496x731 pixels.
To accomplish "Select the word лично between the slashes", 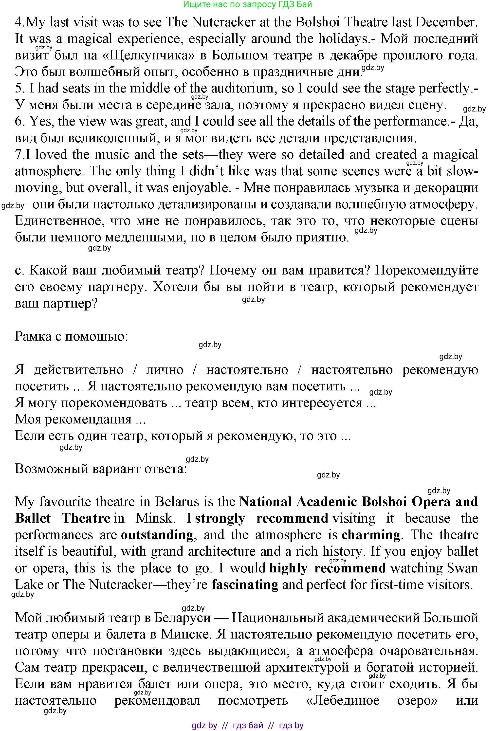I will click(165, 370).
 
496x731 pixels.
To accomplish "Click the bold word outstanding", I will click(157, 535).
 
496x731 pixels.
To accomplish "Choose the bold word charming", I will click(370, 535).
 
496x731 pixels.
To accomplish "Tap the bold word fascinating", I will click(245, 585).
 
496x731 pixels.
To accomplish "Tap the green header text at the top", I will click(248, 4).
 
